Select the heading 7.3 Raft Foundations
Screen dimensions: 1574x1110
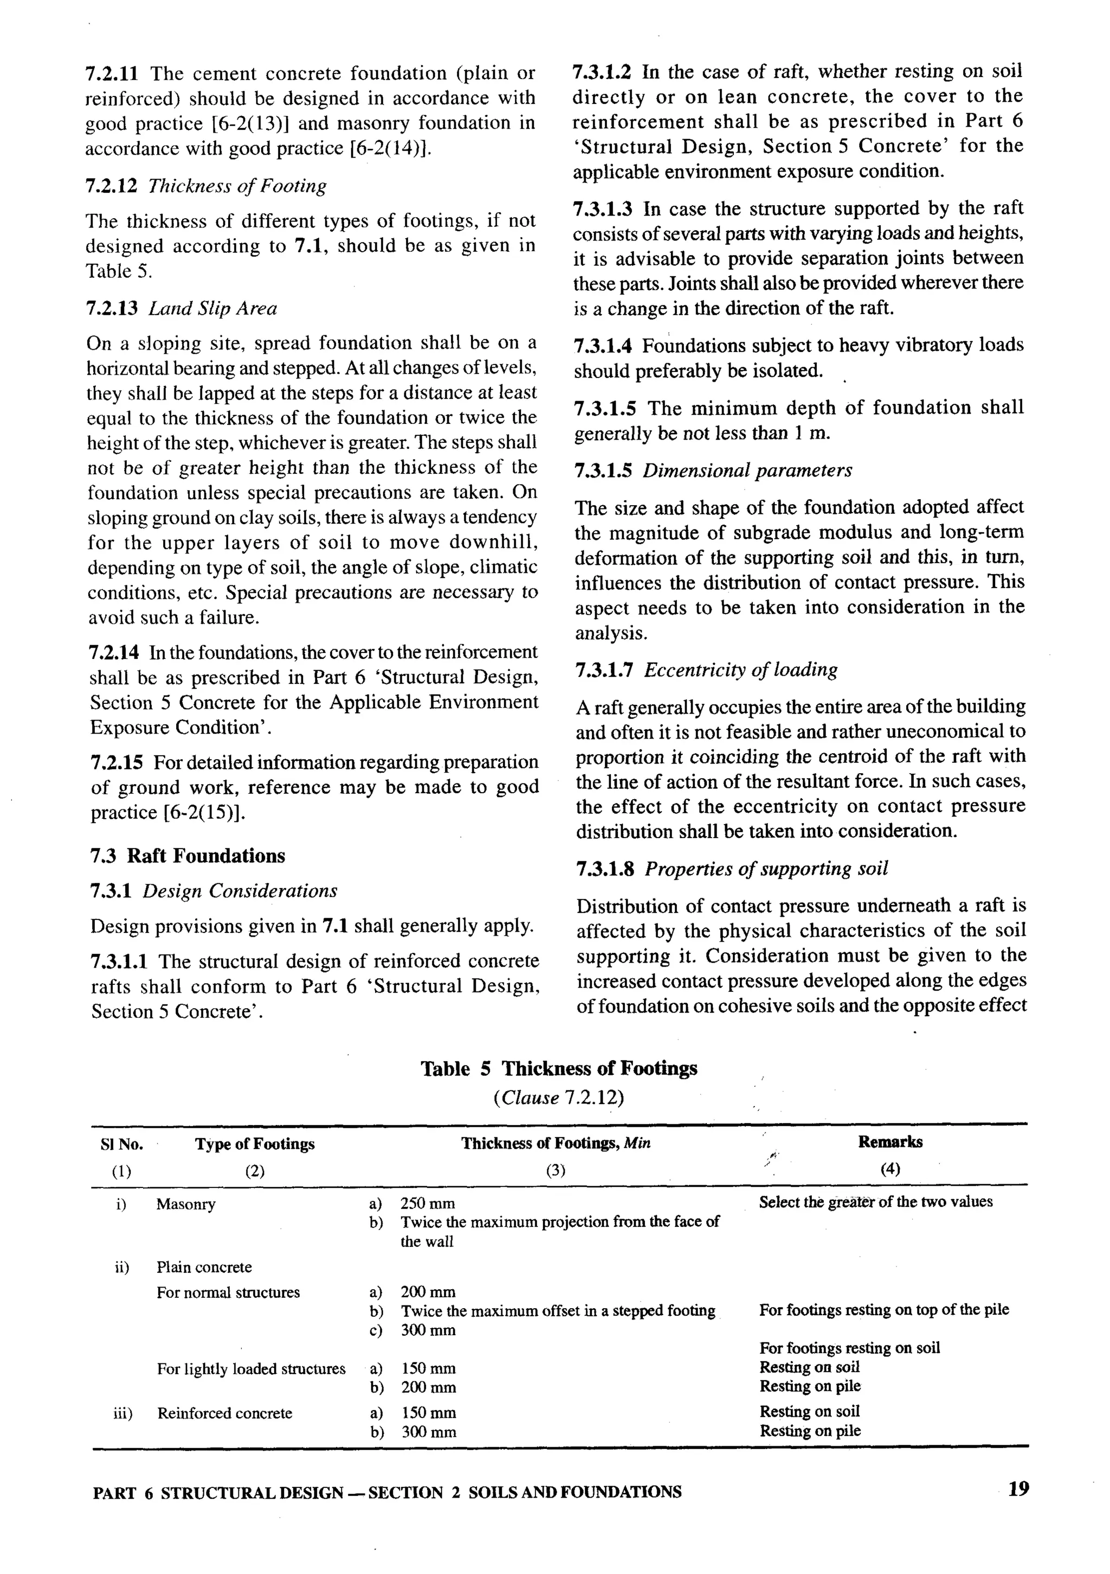pyautogui.click(x=188, y=855)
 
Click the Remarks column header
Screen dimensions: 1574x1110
pyautogui.click(x=890, y=1142)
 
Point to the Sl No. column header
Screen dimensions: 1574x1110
pyautogui.click(x=121, y=1144)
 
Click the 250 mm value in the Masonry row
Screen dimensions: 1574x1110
pyautogui.click(x=428, y=1204)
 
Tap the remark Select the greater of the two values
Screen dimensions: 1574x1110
pyautogui.click(x=875, y=1201)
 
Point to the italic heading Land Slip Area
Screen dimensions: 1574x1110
pyautogui.click(x=212, y=309)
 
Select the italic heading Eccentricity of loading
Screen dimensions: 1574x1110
pyautogui.click(x=740, y=670)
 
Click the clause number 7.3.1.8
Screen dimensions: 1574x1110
pyautogui.click(x=604, y=869)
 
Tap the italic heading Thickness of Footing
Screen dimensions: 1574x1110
pyautogui.click(x=237, y=186)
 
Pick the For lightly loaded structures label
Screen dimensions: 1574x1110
pyautogui.click(x=250, y=1369)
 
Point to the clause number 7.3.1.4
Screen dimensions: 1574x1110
pyautogui.click(x=603, y=345)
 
